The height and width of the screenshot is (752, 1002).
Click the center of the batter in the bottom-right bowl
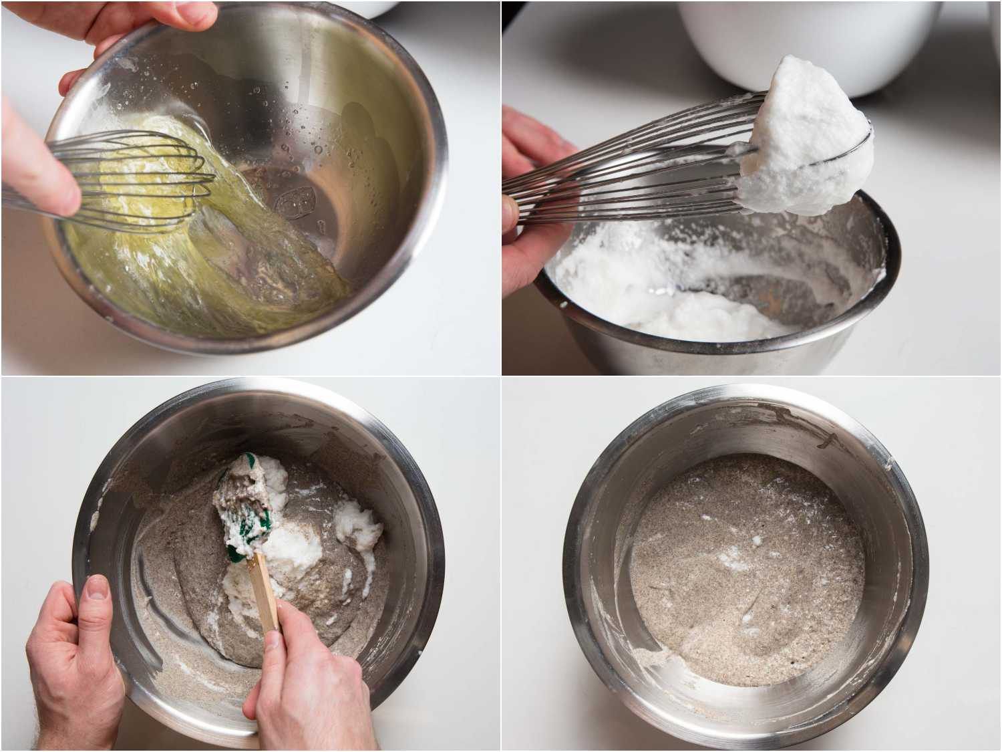click(x=741, y=568)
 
